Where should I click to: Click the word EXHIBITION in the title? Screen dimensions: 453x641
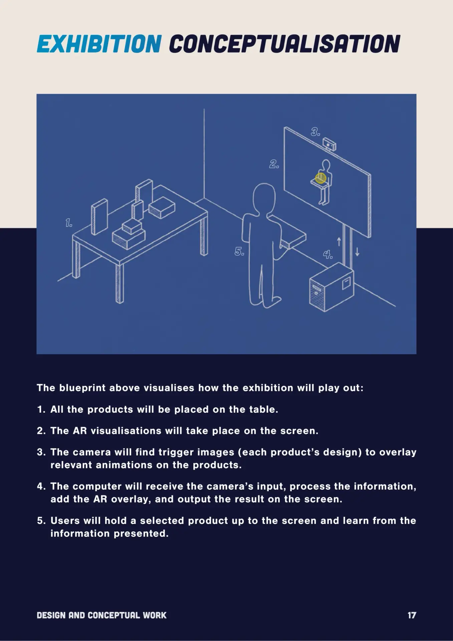pos(99,44)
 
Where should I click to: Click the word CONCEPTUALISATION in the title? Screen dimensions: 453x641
pos(284,44)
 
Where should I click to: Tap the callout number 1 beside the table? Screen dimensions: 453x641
pos(69,223)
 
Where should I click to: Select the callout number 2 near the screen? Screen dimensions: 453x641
pos(274,164)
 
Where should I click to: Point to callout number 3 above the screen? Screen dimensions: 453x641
pos(315,132)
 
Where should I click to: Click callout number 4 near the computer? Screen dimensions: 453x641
pos(328,255)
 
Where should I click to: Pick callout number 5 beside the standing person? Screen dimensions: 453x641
pos(239,251)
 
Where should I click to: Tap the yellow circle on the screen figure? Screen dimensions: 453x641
pos(320,178)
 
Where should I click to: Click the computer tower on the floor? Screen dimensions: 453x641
pos(331,287)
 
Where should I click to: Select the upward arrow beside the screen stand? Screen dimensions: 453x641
pos(339,241)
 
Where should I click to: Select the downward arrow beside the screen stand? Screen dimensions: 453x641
pos(357,251)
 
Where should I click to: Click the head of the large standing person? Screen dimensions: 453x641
pos(264,198)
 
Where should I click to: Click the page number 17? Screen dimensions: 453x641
pos(412,615)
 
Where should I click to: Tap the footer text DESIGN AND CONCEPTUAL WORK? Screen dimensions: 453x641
pos(101,615)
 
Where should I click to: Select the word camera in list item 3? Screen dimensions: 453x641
pos(92,452)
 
